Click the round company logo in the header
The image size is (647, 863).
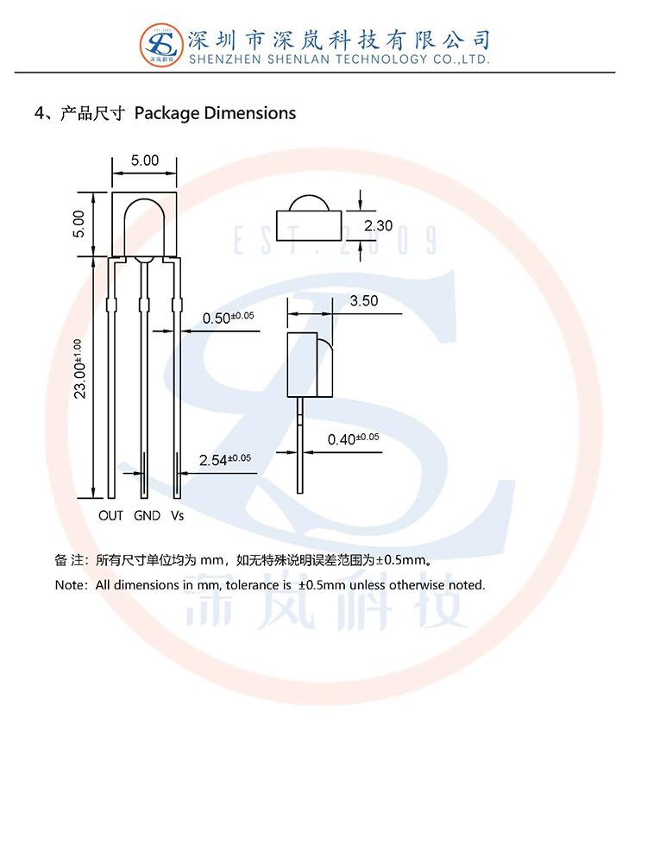(x=161, y=45)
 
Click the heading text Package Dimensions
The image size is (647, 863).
(x=215, y=113)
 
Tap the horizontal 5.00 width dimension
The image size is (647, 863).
(x=145, y=161)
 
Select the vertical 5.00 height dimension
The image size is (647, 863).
(x=79, y=224)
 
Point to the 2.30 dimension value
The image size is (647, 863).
(x=378, y=225)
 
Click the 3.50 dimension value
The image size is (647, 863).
(x=364, y=301)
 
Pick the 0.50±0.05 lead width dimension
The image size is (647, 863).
(x=229, y=318)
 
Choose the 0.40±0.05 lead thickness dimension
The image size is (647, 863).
(x=353, y=438)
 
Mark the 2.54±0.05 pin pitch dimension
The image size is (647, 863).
(x=225, y=460)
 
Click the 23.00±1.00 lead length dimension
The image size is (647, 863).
(x=79, y=369)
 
